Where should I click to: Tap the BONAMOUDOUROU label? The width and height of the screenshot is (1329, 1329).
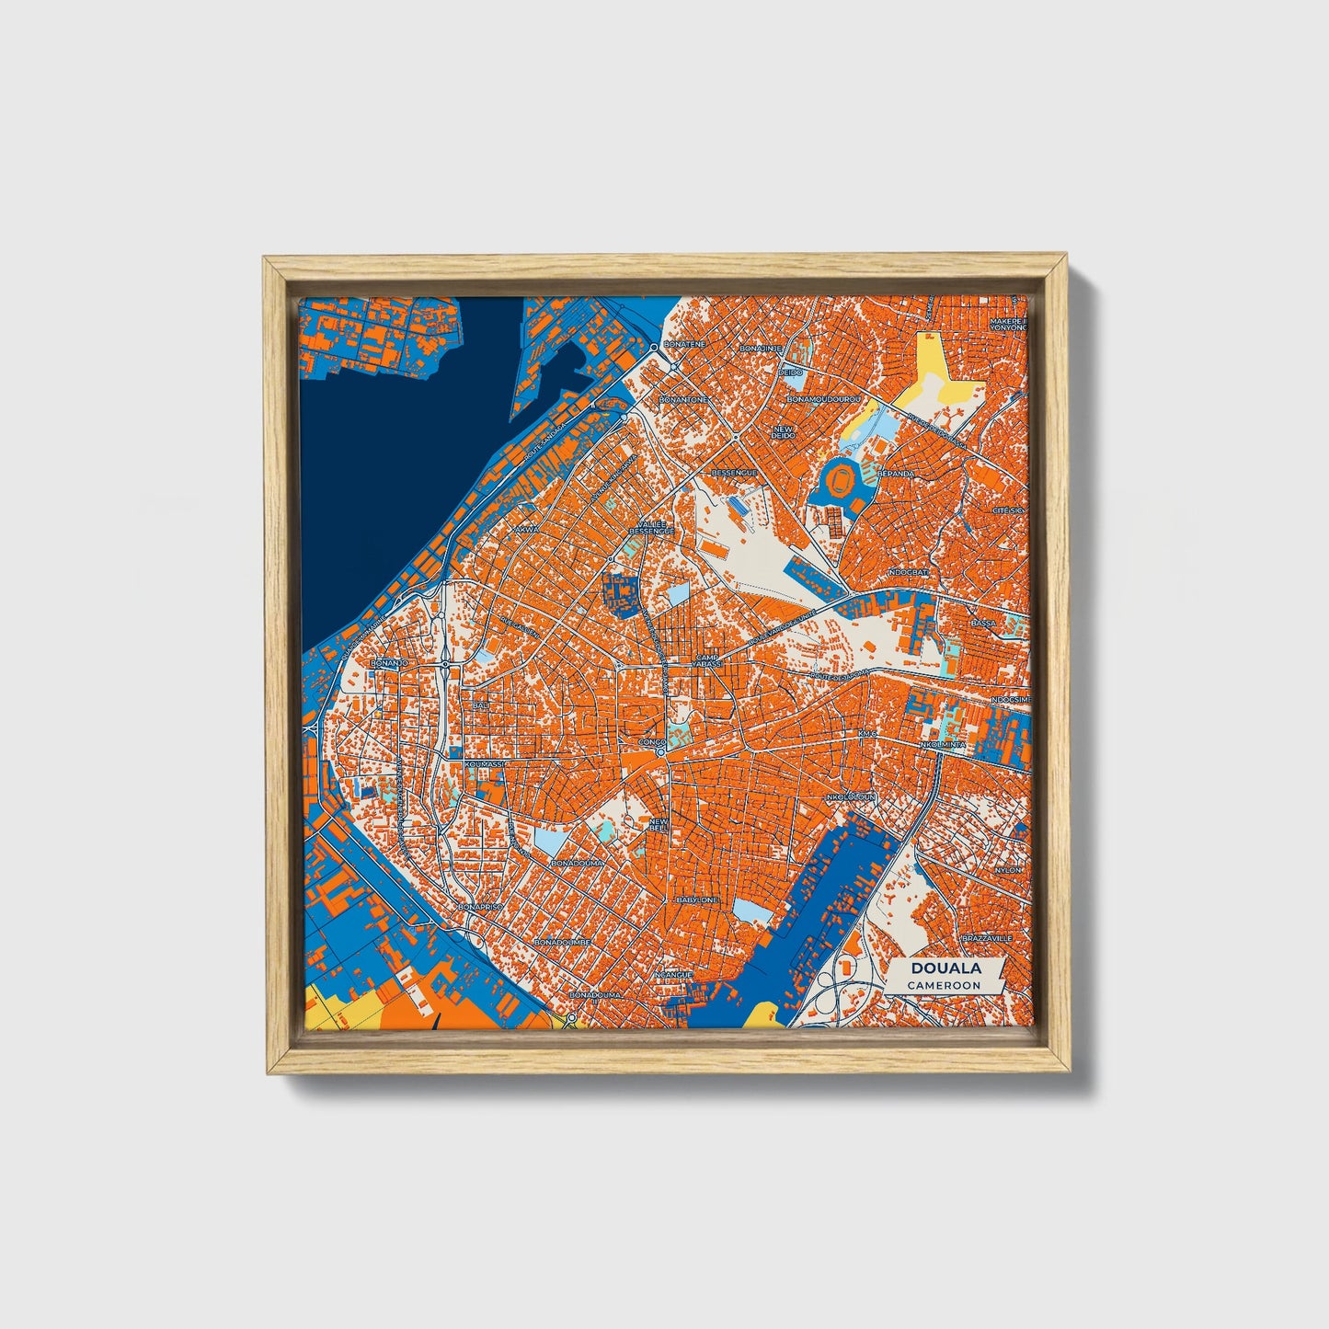[x=821, y=401]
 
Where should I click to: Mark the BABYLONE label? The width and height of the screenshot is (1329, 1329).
[x=695, y=899]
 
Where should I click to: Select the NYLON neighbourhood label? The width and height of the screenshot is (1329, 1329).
[x=1008, y=869]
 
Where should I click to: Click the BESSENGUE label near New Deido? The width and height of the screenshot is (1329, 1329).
[x=735, y=473]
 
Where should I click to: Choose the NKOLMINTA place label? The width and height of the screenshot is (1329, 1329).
[x=943, y=743]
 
